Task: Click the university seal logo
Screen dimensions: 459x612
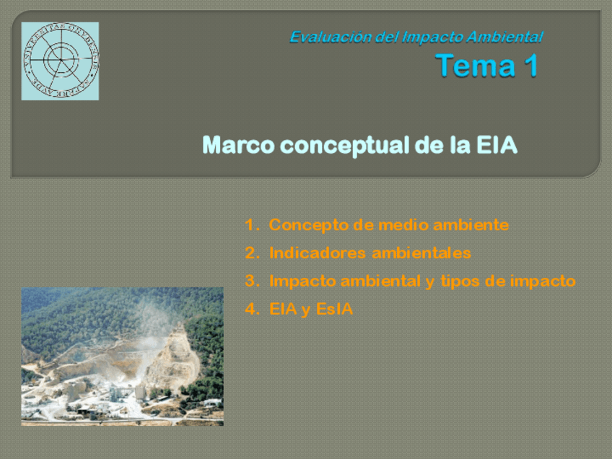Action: point(60,61)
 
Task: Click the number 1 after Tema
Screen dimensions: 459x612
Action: point(529,66)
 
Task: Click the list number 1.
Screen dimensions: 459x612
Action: point(250,225)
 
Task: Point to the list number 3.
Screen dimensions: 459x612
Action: point(250,281)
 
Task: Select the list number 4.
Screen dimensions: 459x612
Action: point(250,310)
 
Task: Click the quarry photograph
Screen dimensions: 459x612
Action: point(122,356)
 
